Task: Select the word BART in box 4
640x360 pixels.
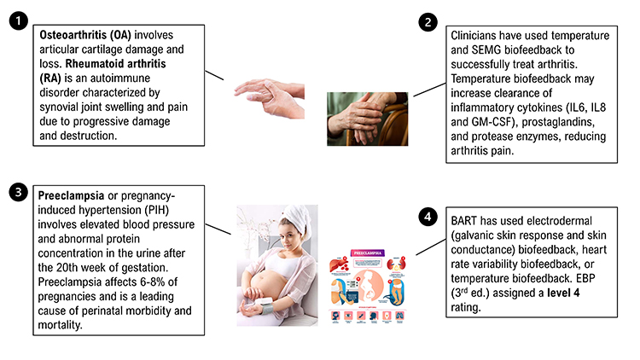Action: pos(464,217)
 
